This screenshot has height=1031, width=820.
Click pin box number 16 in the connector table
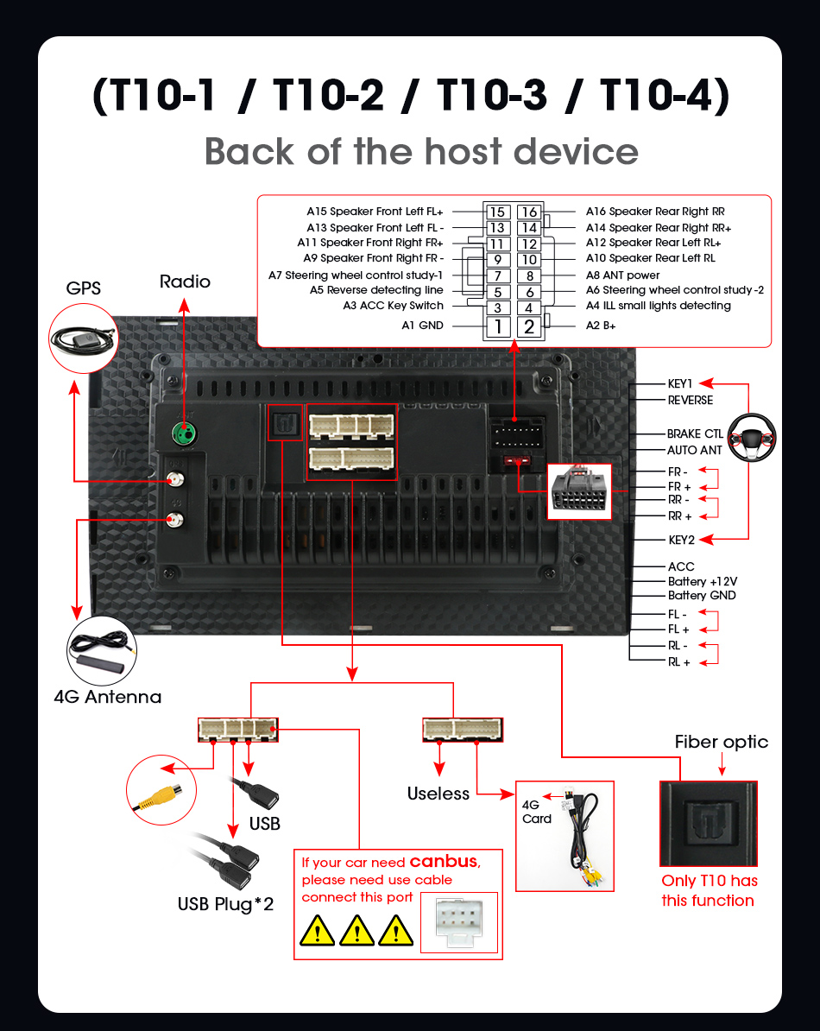528,212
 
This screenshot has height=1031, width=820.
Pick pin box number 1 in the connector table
497,326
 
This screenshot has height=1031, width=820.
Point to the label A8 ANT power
622,275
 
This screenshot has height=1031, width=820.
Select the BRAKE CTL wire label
695,434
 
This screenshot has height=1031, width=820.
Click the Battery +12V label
702,581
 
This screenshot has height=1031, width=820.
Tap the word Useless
438,794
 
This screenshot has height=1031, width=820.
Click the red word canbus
443,861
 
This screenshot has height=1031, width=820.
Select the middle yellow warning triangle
356,931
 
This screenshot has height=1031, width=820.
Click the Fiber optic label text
721,743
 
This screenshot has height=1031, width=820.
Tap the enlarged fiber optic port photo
708,824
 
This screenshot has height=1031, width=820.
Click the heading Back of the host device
421,152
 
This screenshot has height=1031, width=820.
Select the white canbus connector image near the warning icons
459,922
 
